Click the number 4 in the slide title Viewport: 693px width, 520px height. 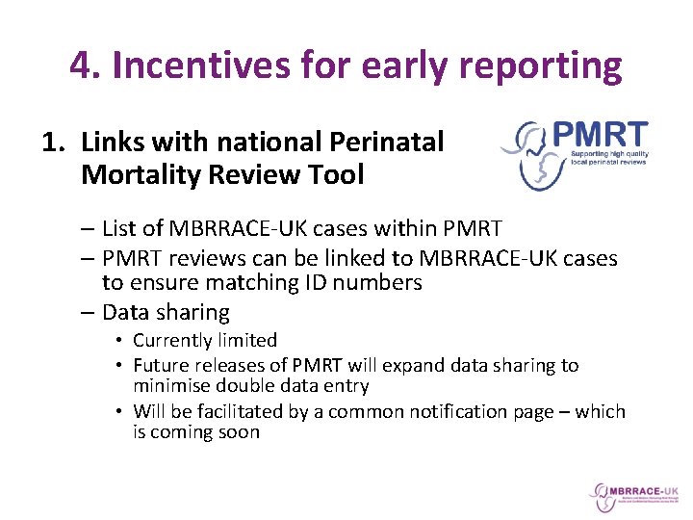[x=82, y=65]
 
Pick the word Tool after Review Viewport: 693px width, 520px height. [x=338, y=175]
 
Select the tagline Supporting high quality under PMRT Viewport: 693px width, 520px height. [x=608, y=153]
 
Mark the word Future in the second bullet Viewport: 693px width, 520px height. [x=162, y=365]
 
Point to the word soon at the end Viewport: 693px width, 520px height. [x=239, y=432]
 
